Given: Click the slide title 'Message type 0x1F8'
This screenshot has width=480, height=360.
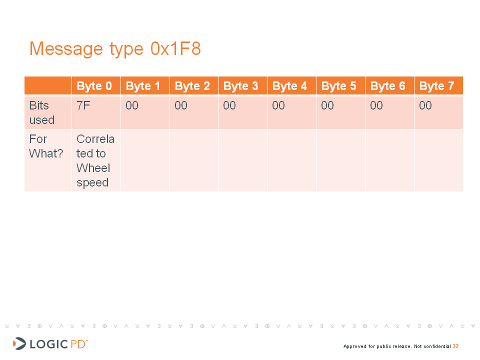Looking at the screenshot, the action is [115, 49].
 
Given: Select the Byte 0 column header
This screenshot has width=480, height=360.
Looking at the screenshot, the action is [94, 86].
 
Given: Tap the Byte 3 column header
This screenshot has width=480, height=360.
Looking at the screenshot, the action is [241, 86].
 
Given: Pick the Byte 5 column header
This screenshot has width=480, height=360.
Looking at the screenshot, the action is [339, 86].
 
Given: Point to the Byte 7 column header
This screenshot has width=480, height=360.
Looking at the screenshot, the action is [437, 86].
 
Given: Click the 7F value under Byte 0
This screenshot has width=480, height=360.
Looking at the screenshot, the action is [83, 105].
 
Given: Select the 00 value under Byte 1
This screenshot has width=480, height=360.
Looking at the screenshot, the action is [132, 105].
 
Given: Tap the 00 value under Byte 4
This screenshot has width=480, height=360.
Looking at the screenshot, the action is [278, 105].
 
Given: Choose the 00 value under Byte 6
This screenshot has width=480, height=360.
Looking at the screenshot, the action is [376, 105].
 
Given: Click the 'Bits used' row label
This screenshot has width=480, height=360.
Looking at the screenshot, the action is [42, 112].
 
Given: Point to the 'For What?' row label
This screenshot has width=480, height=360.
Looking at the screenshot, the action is [46, 146].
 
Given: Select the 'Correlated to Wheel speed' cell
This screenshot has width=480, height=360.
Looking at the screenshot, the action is [95, 160].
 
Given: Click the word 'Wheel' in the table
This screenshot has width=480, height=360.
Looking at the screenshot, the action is [93, 168].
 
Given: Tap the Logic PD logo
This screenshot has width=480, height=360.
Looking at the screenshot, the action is [50, 344].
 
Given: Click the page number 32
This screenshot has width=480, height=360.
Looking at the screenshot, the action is [456, 346].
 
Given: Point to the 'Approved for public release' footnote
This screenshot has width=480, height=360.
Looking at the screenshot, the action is [397, 346].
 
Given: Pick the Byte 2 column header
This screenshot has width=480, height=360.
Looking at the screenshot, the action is [192, 86].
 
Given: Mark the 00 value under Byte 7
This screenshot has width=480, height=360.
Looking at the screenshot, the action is [425, 105].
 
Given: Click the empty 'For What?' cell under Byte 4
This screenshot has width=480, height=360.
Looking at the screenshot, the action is [292, 160].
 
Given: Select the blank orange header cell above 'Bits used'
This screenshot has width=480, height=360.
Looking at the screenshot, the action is [48, 85].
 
